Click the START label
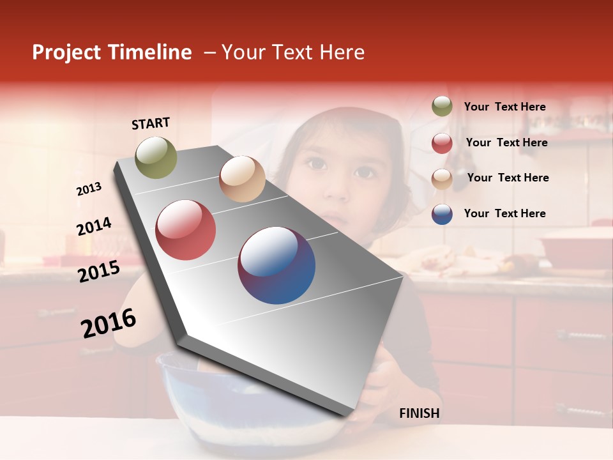coord(151,123)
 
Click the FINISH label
coord(419,413)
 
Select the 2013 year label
coord(89,188)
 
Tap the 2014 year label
coord(94,226)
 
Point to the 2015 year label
coord(98,272)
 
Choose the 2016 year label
coord(109,323)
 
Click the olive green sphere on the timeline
coord(156,157)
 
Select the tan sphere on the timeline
coord(242,179)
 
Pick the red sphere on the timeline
coord(186,230)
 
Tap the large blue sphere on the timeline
coord(276,265)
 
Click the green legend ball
coord(442,107)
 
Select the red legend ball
coord(442,143)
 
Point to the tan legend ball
coord(442,179)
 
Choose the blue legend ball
coord(442,214)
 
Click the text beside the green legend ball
coord(504,107)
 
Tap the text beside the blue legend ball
coord(504,213)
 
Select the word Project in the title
coord(67,52)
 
